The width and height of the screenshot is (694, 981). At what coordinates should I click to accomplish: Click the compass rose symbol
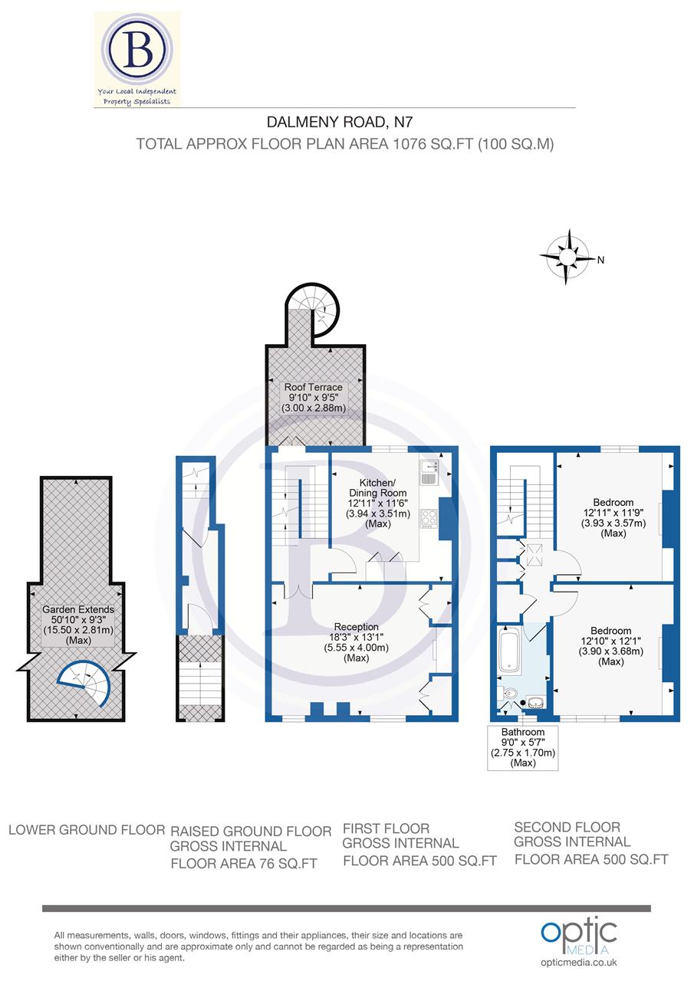(566, 258)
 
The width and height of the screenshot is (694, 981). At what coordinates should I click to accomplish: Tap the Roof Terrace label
(314, 398)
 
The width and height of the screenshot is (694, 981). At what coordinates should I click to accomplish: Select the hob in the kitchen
(429, 519)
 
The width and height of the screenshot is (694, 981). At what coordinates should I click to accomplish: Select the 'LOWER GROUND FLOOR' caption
(87, 829)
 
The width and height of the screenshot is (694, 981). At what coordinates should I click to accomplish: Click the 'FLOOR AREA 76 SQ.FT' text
(244, 864)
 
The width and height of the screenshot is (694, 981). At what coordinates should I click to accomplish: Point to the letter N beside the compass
(601, 260)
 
